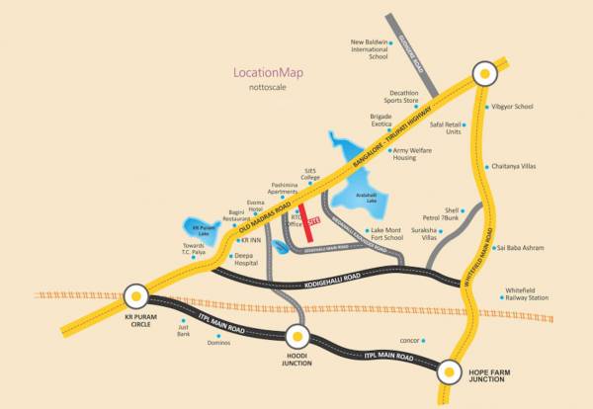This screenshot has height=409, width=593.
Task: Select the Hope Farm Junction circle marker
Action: click(x=451, y=371)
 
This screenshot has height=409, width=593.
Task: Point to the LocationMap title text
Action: click(x=267, y=73)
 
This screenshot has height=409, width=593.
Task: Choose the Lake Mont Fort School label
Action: click(x=380, y=233)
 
